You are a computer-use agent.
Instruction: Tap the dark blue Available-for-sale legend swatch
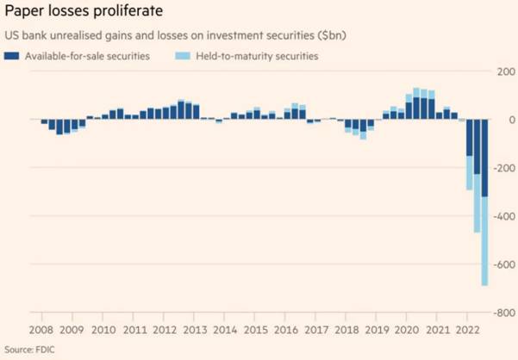[11, 56]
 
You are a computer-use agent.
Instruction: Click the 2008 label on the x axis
[42, 330]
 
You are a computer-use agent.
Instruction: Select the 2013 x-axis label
[195, 330]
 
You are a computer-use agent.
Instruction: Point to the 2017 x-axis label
[316, 330]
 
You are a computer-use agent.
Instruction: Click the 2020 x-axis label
[409, 330]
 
